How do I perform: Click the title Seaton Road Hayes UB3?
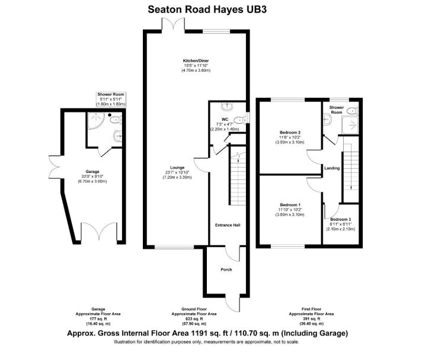(x=210, y=9)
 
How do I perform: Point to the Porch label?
(x=226, y=270)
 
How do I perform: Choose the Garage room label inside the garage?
(x=91, y=171)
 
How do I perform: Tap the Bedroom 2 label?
(x=290, y=132)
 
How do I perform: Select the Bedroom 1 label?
(x=290, y=204)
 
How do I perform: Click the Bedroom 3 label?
(x=340, y=220)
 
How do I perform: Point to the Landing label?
(x=332, y=168)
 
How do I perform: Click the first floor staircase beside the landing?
(x=350, y=168)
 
